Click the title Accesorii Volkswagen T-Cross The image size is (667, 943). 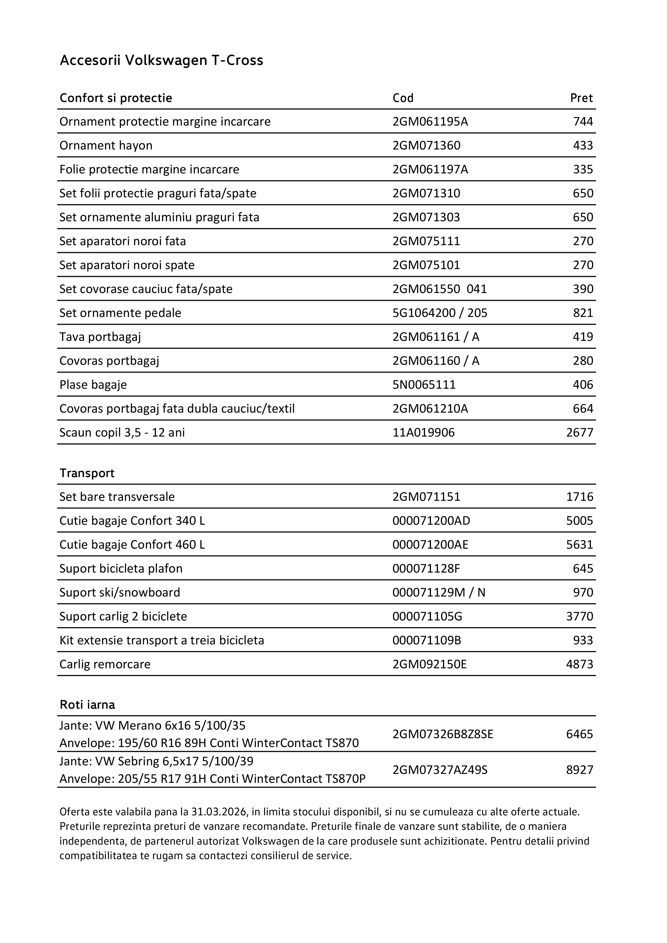161,60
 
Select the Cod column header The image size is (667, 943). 403,98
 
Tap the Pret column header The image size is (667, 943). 581,98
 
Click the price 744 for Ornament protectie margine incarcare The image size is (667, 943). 583,122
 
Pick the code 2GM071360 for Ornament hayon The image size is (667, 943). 426,145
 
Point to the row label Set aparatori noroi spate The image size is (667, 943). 127,265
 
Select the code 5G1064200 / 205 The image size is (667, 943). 440,313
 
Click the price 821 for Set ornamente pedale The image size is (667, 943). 583,313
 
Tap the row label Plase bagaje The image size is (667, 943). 93,385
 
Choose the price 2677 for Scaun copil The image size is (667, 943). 580,433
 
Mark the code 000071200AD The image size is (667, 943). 431,521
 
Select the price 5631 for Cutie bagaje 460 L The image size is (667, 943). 580,545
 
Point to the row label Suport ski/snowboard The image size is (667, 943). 120,592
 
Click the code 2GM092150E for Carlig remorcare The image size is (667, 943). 430,664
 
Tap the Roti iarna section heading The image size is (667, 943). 87,705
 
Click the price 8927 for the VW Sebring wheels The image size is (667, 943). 580,770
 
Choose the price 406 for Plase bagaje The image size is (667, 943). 583,385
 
